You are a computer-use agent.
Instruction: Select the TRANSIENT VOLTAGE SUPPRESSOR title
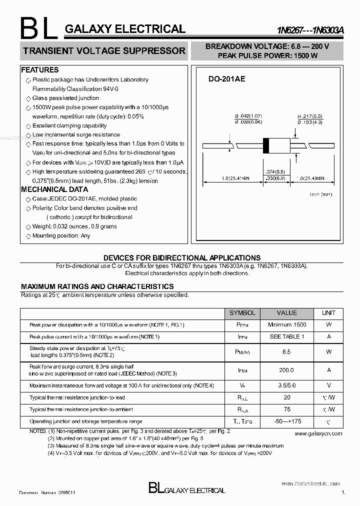[x=104, y=51]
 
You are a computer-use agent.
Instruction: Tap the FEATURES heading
[x=40, y=70]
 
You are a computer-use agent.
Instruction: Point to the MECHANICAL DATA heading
[x=54, y=189]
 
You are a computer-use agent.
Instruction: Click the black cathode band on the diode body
[x=266, y=145]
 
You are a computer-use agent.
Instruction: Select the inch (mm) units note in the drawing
[x=321, y=194]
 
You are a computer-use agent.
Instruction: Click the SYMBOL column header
[x=242, y=313]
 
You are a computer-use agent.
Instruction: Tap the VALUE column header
[x=286, y=313]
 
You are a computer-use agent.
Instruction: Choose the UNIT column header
[x=328, y=313]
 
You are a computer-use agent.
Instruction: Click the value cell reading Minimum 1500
[x=286, y=325]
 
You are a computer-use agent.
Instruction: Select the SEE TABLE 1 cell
[x=286, y=336]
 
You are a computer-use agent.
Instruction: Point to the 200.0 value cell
[x=286, y=370]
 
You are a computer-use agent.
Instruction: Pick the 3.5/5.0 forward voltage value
[x=286, y=385]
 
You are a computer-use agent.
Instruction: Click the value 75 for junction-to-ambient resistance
[x=286, y=409]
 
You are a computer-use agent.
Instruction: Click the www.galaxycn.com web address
[x=318, y=433]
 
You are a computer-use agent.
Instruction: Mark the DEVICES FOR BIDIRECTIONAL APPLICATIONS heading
[x=181, y=258]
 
